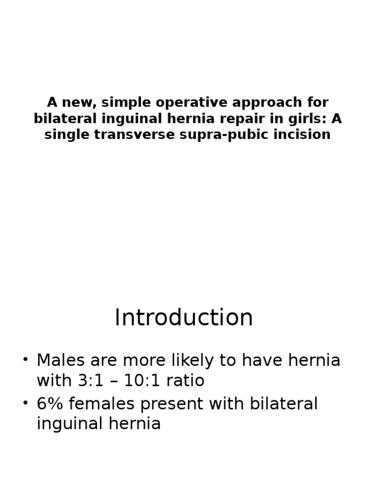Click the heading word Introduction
tap(184, 318)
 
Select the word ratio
tap(186, 381)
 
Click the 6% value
tap(50, 404)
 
